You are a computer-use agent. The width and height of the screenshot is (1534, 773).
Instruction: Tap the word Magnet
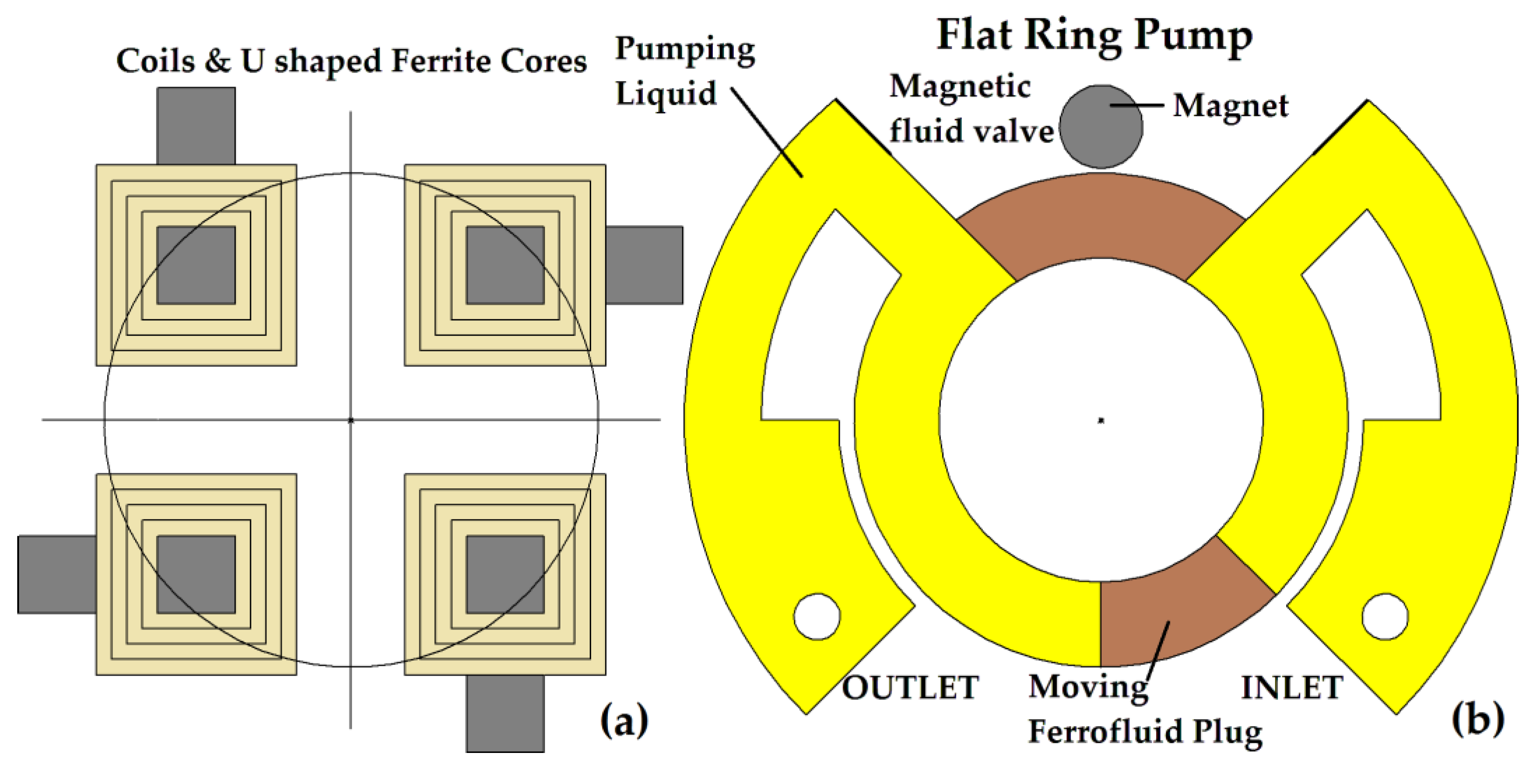click(x=1230, y=107)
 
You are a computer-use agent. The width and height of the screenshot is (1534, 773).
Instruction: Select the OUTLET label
click(x=909, y=687)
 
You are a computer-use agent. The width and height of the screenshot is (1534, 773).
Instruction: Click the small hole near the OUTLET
click(x=817, y=616)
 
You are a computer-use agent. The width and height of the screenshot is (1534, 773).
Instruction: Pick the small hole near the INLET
click(x=1385, y=616)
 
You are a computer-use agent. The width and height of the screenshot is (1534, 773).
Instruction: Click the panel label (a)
click(x=623, y=720)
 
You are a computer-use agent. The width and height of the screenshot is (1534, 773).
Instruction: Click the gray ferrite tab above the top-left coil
click(x=196, y=125)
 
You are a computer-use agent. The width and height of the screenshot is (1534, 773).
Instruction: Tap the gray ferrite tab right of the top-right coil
click(x=644, y=265)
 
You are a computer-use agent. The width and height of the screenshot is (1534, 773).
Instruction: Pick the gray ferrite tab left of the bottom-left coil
click(x=57, y=574)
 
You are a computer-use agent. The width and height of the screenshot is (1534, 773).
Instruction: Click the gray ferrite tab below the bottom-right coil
click(x=505, y=713)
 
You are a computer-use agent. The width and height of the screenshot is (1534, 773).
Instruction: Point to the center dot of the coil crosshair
click(x=351, y=420)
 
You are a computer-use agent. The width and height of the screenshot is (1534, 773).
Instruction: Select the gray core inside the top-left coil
click(x=196, y=265)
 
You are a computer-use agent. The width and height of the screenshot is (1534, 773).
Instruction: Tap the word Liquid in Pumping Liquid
click(x=665, y=94)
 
